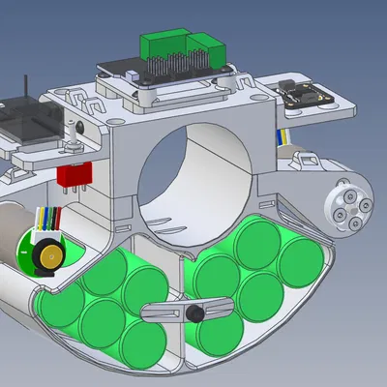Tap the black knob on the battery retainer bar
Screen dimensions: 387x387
193,313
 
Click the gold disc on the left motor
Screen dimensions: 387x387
45,256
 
